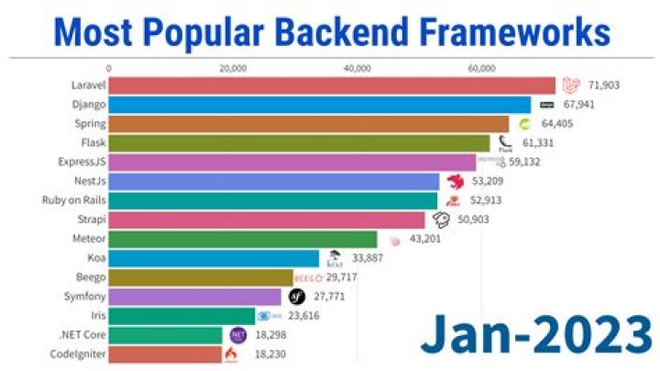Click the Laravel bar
(x=332, y=85)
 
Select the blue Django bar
(x=320, y=105)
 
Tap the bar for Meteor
(x=243, y=239)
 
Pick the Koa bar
(x=214, y=258)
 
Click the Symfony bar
(x=195, y=297)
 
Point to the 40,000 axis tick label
(x=357, y=68)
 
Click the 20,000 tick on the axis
(x=234, y=68)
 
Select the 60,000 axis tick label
(x=482, y=68)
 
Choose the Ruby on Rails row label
(x=73, y=200)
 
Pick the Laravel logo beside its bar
(x=572, y=85)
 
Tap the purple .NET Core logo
(x=237, y=335)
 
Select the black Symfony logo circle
(x=296, y=296)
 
